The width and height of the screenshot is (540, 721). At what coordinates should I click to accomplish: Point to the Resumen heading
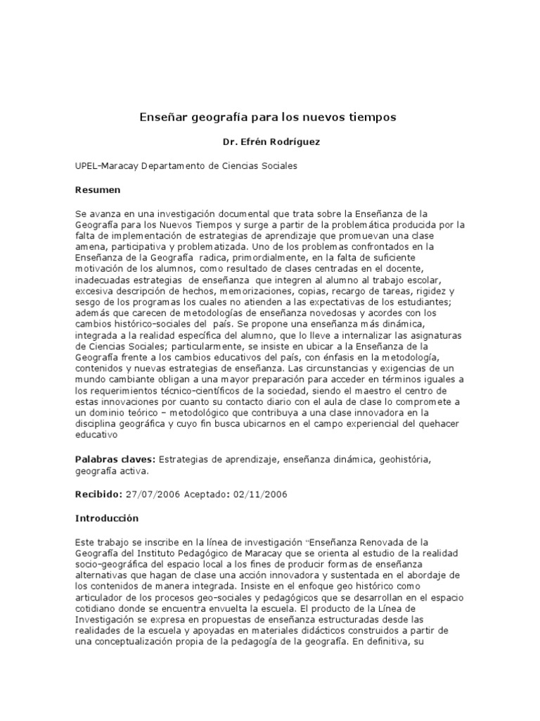(x=98, y=189)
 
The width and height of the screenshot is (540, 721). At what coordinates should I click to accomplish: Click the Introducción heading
(x=107, y=518)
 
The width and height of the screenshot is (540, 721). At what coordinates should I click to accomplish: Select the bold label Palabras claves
(x=115, y=459)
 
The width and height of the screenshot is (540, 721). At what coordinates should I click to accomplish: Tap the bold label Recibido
(x=98, y=494)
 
